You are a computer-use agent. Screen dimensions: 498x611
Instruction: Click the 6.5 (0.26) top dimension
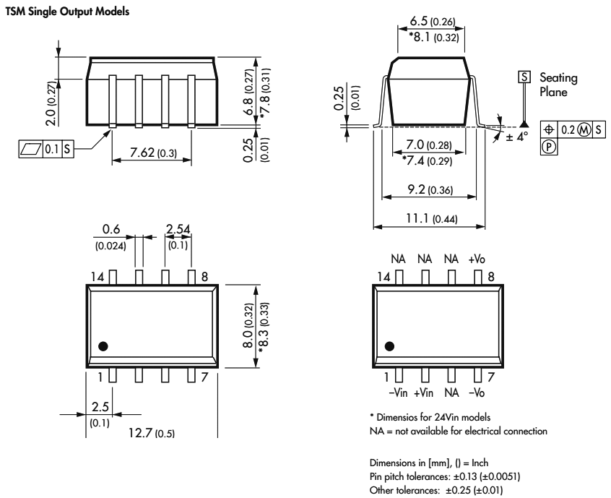[431, 22]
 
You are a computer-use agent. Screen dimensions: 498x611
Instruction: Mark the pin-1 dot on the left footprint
[103, 346]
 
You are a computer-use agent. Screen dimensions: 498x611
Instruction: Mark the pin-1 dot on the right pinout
[391, 346]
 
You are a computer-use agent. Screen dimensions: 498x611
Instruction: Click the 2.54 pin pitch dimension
[178, 230]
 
